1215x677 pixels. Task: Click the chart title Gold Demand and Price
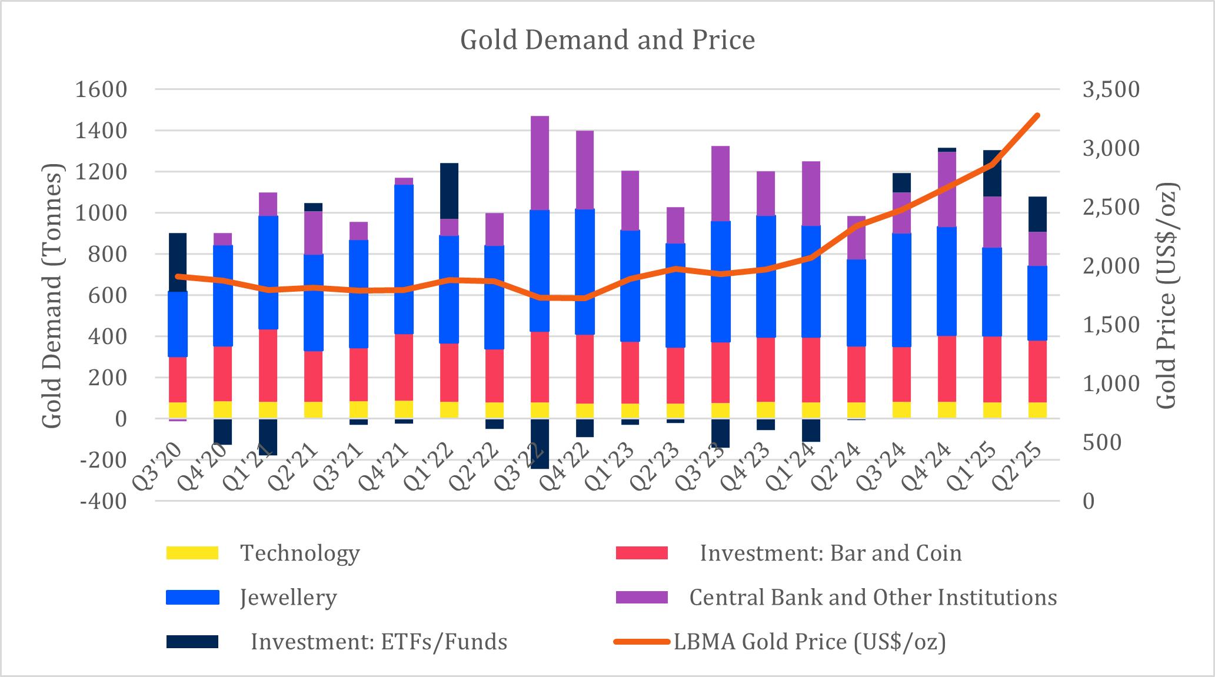(607, 40)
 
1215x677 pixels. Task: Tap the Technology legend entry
(299, 553)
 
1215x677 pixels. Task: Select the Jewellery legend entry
(288, 598)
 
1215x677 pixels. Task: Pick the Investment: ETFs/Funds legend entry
(379, 642)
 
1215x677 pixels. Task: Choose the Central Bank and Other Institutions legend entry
(873, 598)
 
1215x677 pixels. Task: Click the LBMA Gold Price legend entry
(810, 642)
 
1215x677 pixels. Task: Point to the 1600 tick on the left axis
(101, 89)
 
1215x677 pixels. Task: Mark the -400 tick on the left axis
(103, 501)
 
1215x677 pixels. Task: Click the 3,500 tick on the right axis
(1111, 89)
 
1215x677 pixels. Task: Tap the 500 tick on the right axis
(1102, 442)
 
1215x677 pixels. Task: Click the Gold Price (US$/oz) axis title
(1166, 295)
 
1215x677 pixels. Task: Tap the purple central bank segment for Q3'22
(540, 163)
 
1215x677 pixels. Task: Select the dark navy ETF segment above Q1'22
(449, 191)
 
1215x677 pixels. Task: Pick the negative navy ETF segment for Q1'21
(268, 436)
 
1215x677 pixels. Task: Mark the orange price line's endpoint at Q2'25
(1037, 115)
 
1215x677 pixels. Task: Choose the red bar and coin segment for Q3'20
(178, 379)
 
